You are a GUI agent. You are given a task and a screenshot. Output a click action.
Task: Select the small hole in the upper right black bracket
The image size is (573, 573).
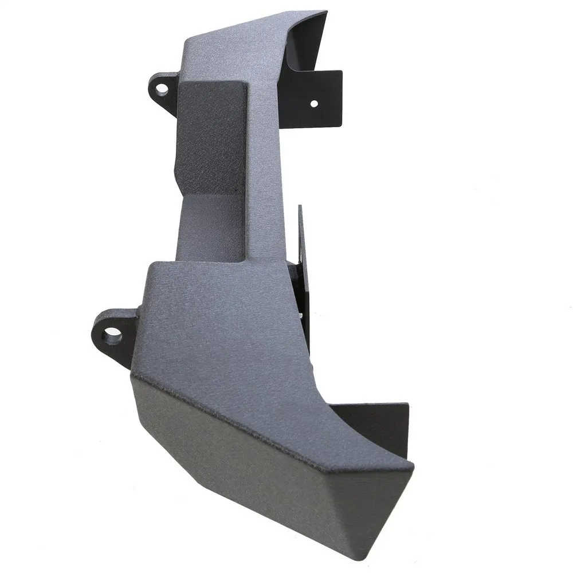313,104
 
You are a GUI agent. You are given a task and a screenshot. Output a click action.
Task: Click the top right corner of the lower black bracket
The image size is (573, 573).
408,404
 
